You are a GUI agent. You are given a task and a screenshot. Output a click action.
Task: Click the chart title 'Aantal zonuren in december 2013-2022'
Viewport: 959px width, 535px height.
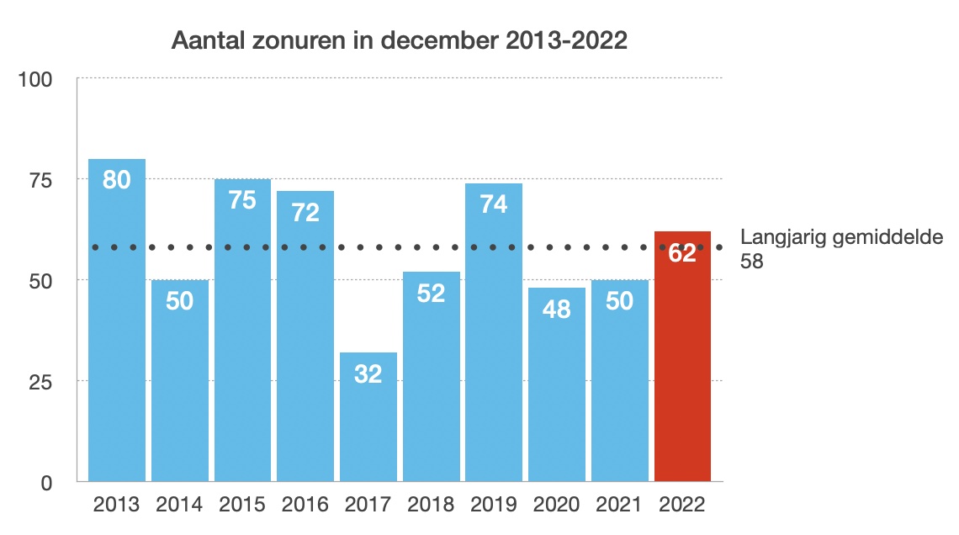(x=400, y=40)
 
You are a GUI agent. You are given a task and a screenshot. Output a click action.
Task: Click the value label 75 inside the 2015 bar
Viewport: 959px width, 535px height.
(x=242, y=200)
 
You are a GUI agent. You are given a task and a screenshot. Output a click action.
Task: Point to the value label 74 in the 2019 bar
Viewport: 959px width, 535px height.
(x=494, y=204)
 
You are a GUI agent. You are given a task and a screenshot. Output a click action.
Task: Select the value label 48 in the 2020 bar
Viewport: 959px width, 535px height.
(x=557, y=309)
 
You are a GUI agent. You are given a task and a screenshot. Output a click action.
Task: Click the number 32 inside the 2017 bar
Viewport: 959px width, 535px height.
(x=368, y=373)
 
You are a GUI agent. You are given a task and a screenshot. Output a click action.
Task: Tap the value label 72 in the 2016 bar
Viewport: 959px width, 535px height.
(x=305, y=212)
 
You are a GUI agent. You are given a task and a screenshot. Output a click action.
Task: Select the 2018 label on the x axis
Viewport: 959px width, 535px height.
(x=431, y=505)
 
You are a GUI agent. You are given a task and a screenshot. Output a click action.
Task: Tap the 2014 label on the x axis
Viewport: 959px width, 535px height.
(x=179, y=505)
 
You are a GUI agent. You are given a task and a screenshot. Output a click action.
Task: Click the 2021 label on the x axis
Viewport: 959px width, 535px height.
(x=619, y=505)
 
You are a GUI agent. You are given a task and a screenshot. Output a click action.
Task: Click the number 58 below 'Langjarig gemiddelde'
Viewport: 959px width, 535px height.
(x=752, y=262)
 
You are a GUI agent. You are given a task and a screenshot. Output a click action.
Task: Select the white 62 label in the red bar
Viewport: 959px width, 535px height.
(x=682, y=252)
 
